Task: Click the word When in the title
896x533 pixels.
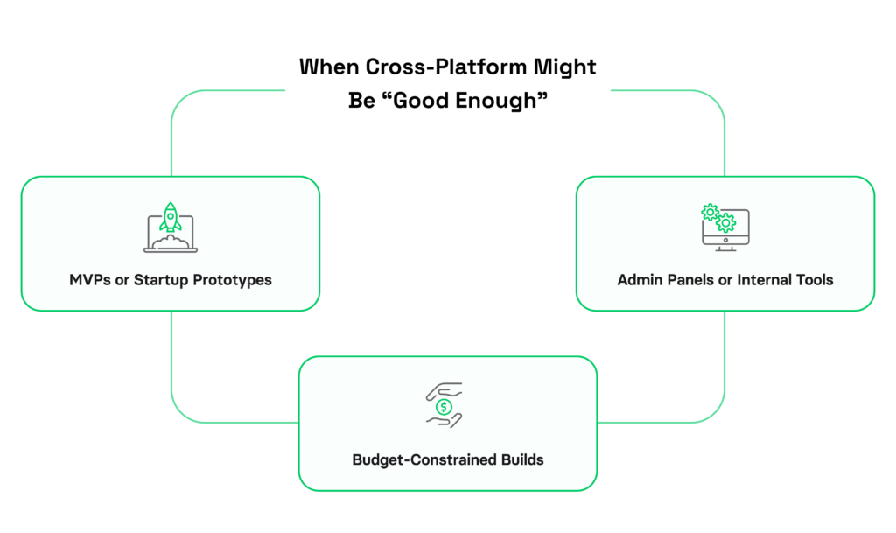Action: [x=329, y=67]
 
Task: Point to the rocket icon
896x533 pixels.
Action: [x=171, y=217]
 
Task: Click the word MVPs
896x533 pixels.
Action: [x=90, y=280]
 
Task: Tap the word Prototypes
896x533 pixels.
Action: [x=232, y=280]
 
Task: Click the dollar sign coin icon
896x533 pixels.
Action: [x=444, y=407]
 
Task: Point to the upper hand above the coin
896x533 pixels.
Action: [x=444, y=390]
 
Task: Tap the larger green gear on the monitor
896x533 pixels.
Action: [x=725, y=223]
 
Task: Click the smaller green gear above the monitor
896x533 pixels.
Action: [x=710, y=213]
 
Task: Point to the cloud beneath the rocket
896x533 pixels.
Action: [x=171, y=242]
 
